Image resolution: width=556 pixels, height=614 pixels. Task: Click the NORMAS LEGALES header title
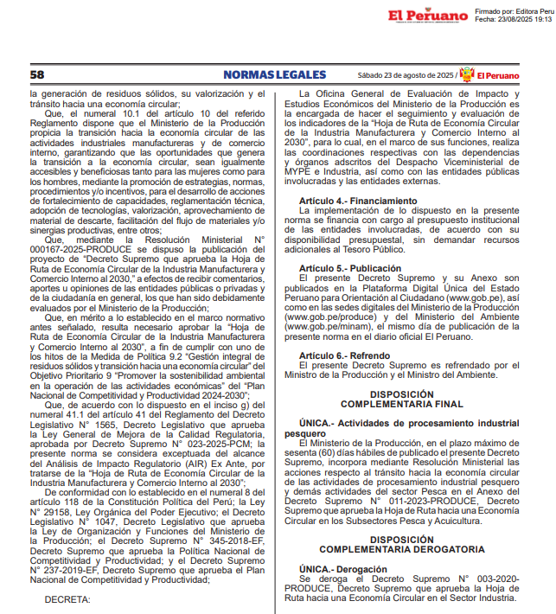274,74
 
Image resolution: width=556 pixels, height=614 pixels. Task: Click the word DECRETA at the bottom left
67,598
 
